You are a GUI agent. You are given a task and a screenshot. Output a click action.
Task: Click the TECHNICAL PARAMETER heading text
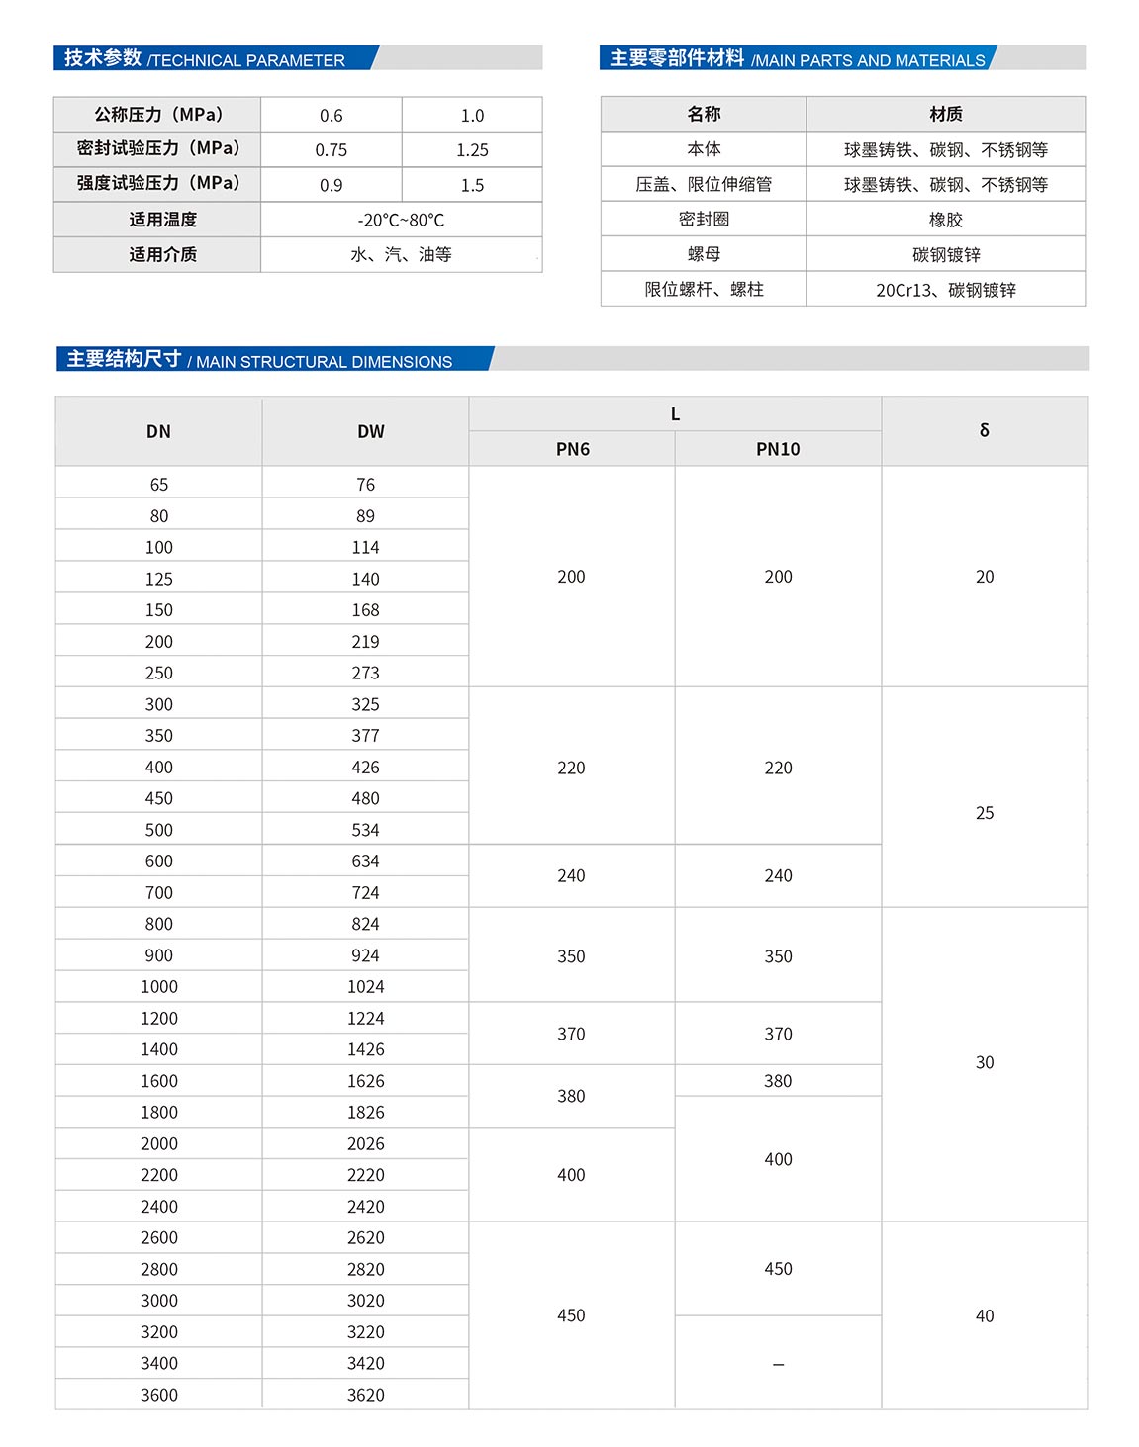click(246, 60)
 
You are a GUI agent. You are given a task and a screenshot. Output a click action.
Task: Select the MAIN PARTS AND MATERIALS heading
click(868, 60)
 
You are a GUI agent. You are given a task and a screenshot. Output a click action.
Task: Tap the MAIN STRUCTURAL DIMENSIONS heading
click(324, 362)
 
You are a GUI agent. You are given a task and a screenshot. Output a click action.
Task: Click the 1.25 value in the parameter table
click(472, 150)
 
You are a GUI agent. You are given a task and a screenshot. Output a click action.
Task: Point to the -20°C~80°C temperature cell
click(401, 220)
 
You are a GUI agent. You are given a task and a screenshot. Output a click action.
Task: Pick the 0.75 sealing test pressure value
click(332, 150)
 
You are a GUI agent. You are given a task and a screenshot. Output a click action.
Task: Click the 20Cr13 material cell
click(945, 290)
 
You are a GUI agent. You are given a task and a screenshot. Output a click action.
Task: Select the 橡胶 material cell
click(945, 220)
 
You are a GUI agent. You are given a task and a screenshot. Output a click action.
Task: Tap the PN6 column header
click(572, 449)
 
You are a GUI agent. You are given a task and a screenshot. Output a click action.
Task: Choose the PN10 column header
click(778, 449)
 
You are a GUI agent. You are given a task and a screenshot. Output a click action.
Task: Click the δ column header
click(984, 430)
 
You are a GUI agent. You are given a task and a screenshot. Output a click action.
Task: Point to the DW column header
click(370, 431)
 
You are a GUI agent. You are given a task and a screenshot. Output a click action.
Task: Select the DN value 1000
click(158, 987)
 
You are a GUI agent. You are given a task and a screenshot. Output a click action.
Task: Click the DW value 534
click(365, 830)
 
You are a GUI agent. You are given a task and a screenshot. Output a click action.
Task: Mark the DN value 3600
click(158, 1395)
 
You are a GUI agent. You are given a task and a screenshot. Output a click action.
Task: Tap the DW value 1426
click(365, 1049)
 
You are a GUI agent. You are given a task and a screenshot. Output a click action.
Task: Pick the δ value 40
click(984, 1315)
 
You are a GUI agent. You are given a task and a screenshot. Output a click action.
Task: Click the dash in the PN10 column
click(778, 1364)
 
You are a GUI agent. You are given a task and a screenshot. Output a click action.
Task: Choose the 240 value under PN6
click(571, 876)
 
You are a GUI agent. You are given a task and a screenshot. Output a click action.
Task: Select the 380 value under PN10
click(778, 1081)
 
